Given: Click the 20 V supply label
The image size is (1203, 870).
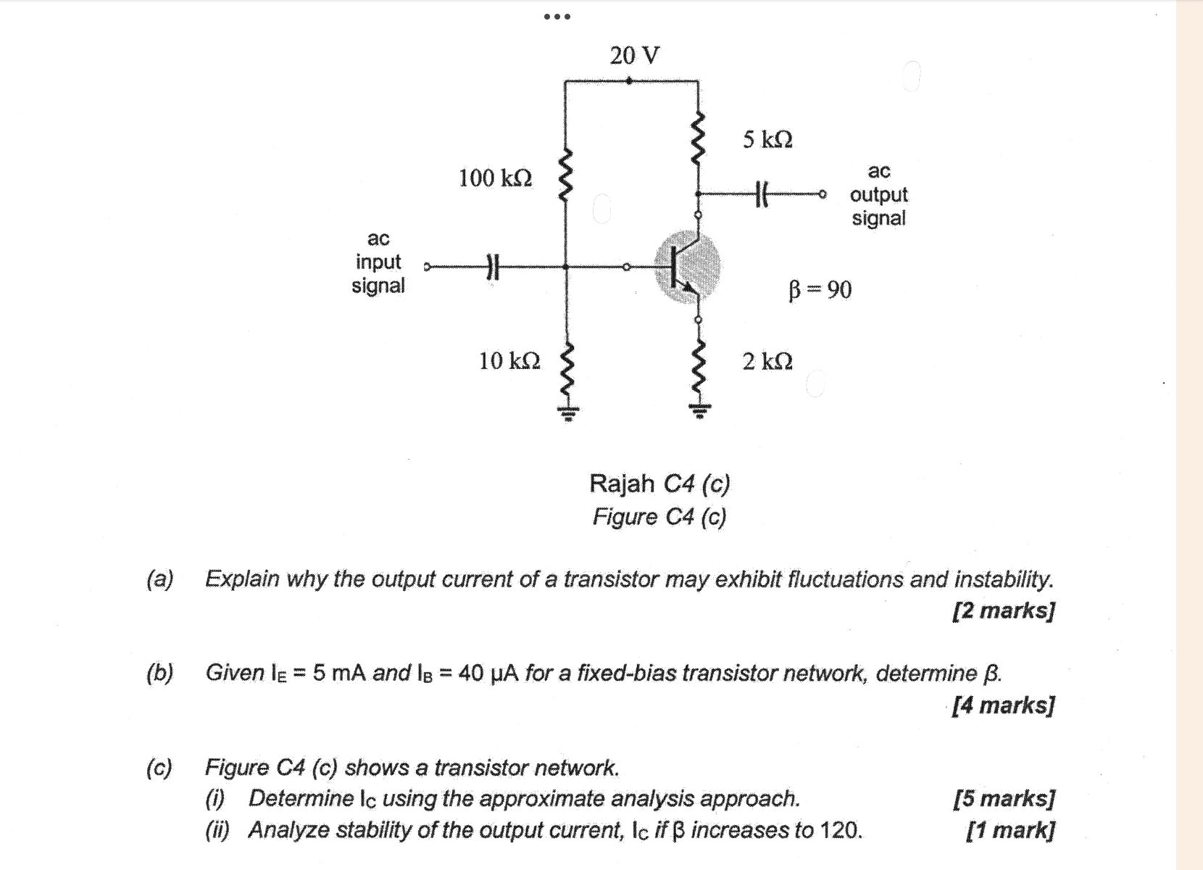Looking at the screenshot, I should coord(635,55).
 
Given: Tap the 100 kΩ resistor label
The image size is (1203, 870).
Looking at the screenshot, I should coord(495,178).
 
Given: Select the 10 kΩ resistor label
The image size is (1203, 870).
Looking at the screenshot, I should coord(509,361).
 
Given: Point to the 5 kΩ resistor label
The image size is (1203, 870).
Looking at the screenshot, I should coord(767,139).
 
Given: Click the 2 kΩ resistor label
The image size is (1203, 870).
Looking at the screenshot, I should coord(767,361).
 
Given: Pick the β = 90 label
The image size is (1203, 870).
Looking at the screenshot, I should coord(820,290).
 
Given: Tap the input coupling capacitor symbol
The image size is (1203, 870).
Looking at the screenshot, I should coord(493,267).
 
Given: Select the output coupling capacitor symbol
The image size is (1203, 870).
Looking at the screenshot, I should coord(762,194).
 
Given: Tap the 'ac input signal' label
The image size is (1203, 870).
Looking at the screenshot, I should coord(378,262).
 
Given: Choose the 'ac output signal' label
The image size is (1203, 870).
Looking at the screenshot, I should coord(878,195).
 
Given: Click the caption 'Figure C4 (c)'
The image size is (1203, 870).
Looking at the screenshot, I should coord(659,517).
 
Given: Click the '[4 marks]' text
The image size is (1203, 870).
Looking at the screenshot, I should coord(1004,705).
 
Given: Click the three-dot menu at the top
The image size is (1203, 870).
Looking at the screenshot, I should coord(557,17).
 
